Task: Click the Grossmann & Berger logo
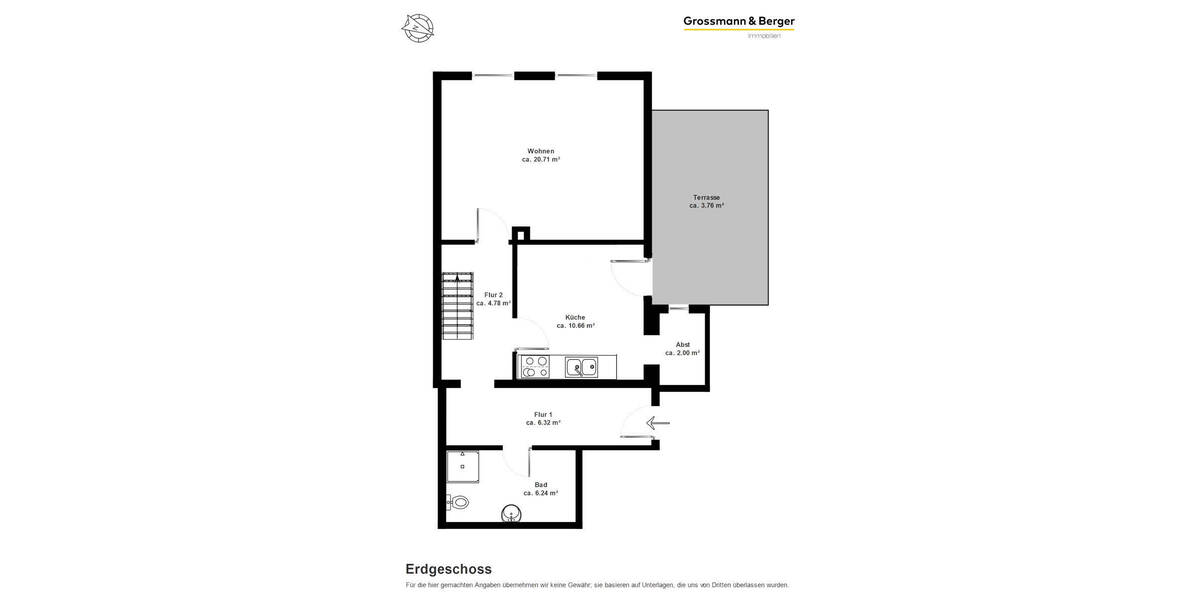(739, 22)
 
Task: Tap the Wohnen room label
(541, 151)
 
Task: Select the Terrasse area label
(707, 197)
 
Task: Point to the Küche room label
(575, 317)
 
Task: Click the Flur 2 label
(493, 294)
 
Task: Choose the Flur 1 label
(543, 414)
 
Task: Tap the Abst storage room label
(682, 344)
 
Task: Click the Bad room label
(540, 484)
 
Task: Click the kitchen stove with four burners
(534, 367)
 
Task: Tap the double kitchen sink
(581, 367)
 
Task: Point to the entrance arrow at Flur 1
(657, 423)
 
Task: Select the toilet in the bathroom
(458, 502)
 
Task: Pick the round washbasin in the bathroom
(511, 515)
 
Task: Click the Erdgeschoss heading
(448, 569)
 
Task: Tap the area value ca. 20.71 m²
(541, 160)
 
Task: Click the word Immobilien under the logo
(764, 37)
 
